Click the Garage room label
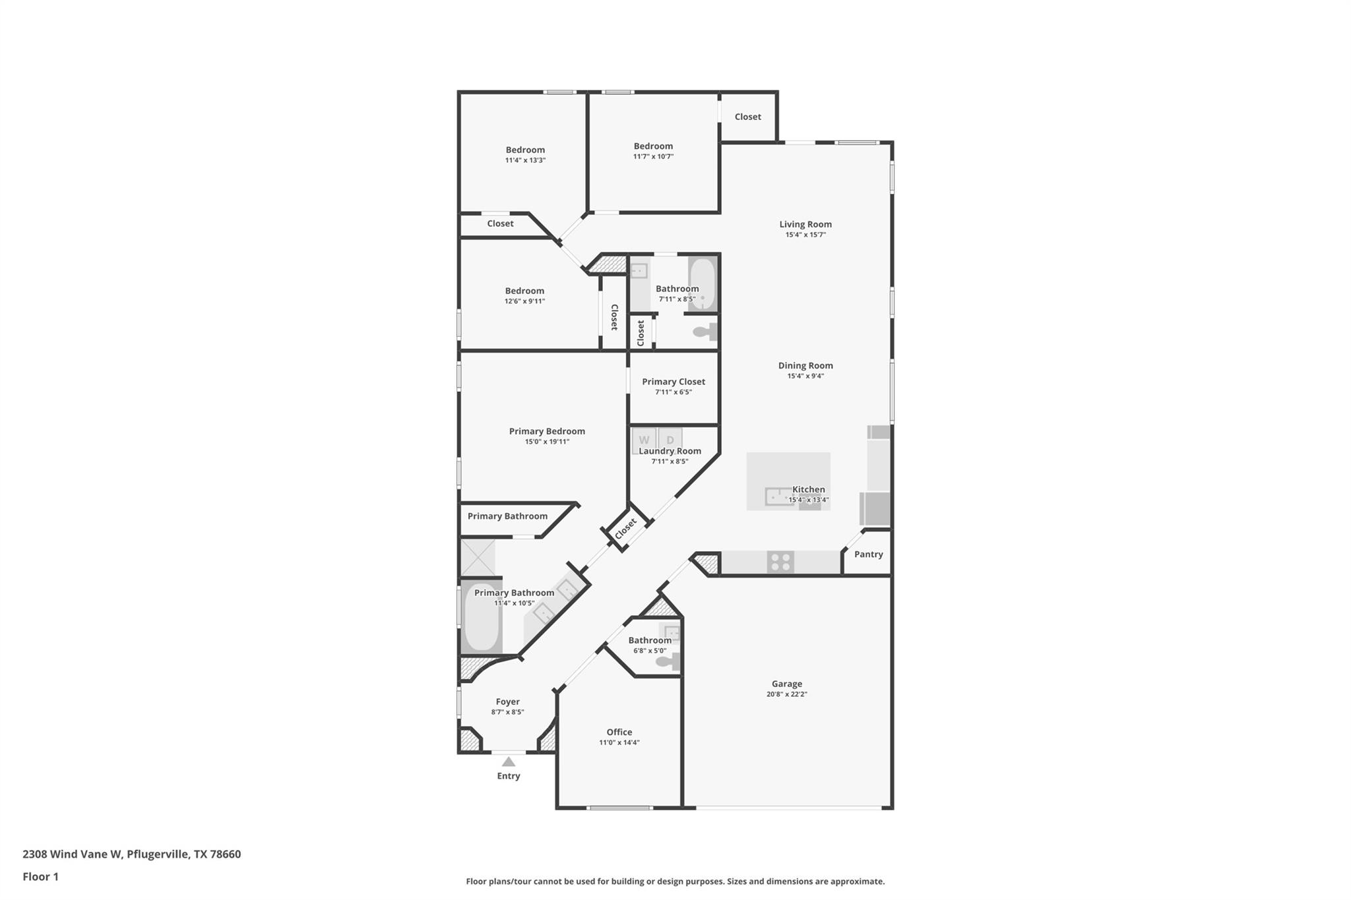[x=786, y=684]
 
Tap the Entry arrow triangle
[x=508, y=762]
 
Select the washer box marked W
[x=644, y=440]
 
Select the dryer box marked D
[x=670, y=440]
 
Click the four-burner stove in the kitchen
[x=780, y=562]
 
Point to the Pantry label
[x=868, y=555]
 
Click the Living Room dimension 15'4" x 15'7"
[x=805, y=235]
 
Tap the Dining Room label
[x=805, y=365]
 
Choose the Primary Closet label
[x=674, y=382]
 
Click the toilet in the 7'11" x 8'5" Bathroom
[x=705, y=332]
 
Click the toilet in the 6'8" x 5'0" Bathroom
[x=669, y=661]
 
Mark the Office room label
[x=619, y=732]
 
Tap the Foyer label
[x=507, y=702]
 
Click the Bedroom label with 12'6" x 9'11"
[x=524, y=291]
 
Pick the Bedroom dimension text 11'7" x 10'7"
[x=653, y=157]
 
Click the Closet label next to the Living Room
[x=747, y=117]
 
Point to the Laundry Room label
[x=670, y=451]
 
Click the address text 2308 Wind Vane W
[x=73, y=854]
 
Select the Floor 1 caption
[x=40, y=876]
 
